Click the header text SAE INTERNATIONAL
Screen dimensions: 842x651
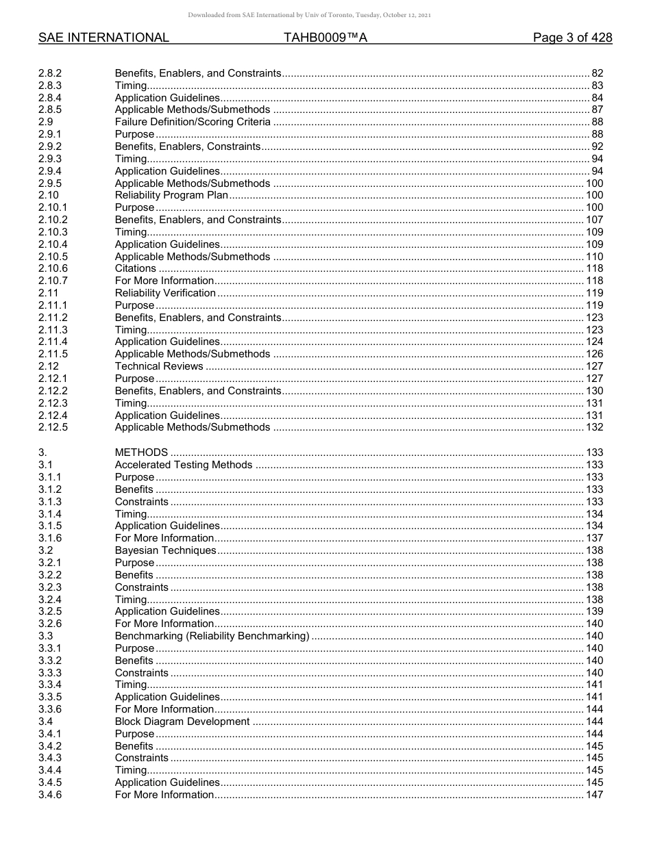click(x=103, y=38)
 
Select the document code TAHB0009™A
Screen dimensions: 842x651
click(x=325, y=38)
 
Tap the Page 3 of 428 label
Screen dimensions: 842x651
click(x=572, y=38)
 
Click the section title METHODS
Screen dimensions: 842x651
click(x=141, y=452)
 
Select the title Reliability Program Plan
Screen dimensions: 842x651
click(x=171, y=195)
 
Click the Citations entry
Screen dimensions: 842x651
click(x=135, y=268)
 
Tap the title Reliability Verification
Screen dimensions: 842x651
click(x=165, y=293)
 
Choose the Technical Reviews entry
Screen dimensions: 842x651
click(x=159, y=366)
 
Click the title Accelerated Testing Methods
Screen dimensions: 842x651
click(x=184, y=465)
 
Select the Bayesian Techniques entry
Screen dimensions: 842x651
click(x=165, y=550)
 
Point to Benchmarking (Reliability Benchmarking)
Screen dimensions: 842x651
click(x=212, y=636)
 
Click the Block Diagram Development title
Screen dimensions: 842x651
click(x=182, y=722)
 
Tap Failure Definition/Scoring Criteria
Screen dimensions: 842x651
click(x=193, y=122)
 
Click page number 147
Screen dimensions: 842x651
click(x=594, y=795)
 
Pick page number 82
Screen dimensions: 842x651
click(x=597, y=73)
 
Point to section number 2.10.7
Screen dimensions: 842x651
click(x=53, y=281)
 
